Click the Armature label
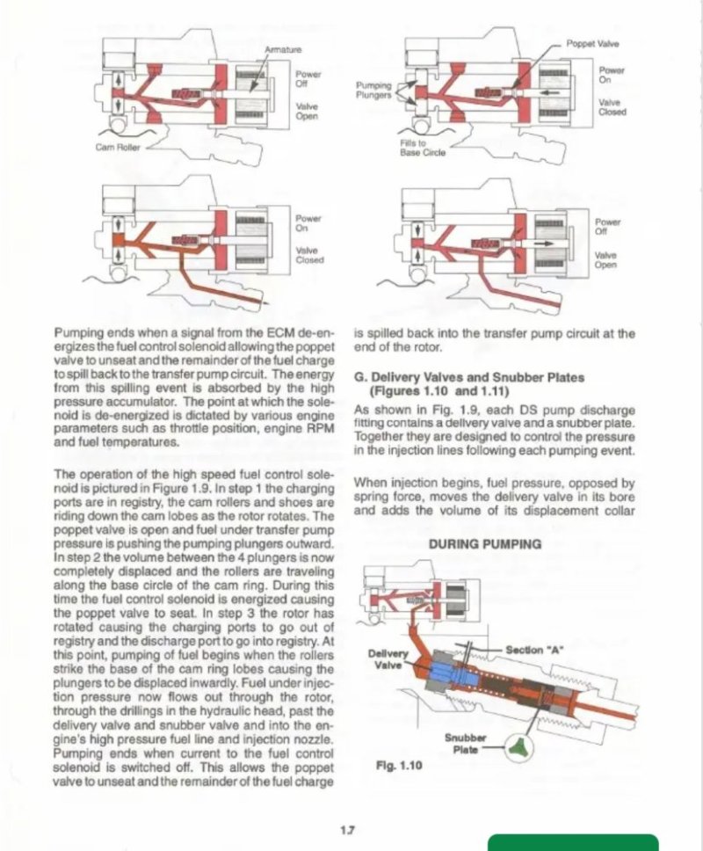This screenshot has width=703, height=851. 282,49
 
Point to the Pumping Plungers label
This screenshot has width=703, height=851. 373,90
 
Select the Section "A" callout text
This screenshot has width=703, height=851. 534,649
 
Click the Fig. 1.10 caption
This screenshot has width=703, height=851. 399,766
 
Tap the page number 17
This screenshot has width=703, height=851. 349,828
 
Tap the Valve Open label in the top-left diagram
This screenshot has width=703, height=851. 307,110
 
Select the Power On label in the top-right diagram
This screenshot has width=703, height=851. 612,74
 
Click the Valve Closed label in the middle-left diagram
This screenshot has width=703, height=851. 309,254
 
